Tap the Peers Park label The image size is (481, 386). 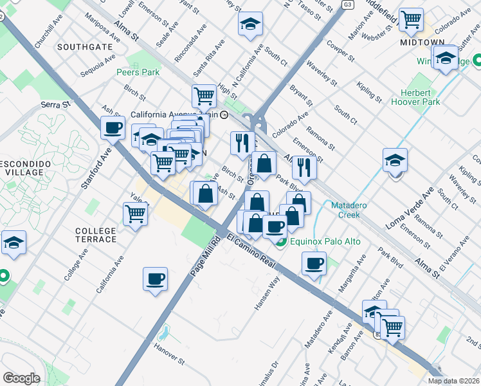pos(138,72)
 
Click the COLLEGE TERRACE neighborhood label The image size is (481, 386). pos(96,235)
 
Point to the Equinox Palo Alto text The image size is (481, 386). pos(325,242)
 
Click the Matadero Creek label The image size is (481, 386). pos(354,210)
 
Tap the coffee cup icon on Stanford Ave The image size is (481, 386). pos(113,127)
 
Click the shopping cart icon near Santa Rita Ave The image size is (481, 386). pos(204,96)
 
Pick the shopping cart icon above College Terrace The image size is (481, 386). pos(136,212)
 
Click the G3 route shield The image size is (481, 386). pos(348,5)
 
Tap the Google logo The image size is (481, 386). pos(21,378)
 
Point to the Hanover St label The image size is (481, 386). pos(169,352)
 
